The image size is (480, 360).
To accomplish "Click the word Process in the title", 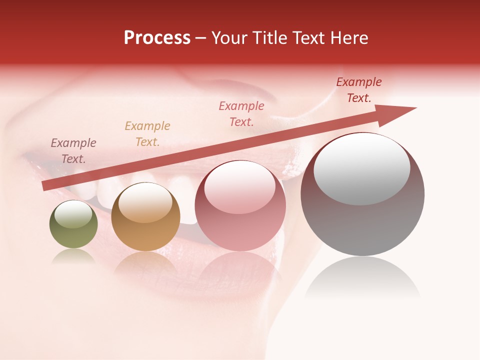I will (157, 38).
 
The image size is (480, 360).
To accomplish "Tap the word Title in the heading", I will (270, 38).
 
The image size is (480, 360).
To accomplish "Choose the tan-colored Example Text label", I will (147, 133).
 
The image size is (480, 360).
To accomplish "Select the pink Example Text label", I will (241, 113).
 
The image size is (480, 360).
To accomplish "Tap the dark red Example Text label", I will (359, 90).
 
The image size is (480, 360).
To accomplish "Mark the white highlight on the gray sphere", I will (361, 170).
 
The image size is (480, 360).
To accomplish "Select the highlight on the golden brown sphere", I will (145, 202).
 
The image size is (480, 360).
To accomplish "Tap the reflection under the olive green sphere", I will (73, 256).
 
